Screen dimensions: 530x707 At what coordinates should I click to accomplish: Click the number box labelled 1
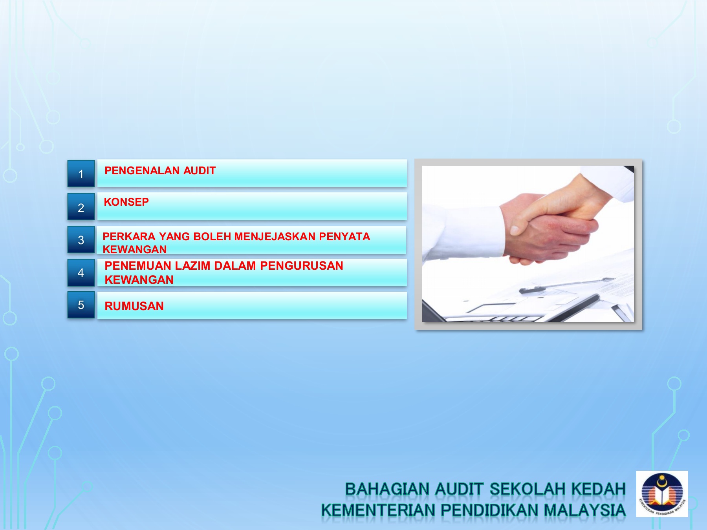tap(81, 174)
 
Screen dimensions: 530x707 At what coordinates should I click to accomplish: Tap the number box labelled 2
tap(81, 207)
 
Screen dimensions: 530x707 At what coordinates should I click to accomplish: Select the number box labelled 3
tap(81, 240)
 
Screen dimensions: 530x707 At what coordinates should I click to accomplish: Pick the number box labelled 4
tap(81, 272)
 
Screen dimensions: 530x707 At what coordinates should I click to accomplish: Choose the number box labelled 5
tap(81, 305)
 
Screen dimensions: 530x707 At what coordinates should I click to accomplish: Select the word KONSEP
tap(126, 202)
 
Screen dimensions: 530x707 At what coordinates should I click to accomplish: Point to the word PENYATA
tap(344, 237)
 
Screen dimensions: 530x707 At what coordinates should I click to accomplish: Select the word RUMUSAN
tap(134, 306)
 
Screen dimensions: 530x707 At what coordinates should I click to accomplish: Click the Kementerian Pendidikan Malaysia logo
tap(662, 493)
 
